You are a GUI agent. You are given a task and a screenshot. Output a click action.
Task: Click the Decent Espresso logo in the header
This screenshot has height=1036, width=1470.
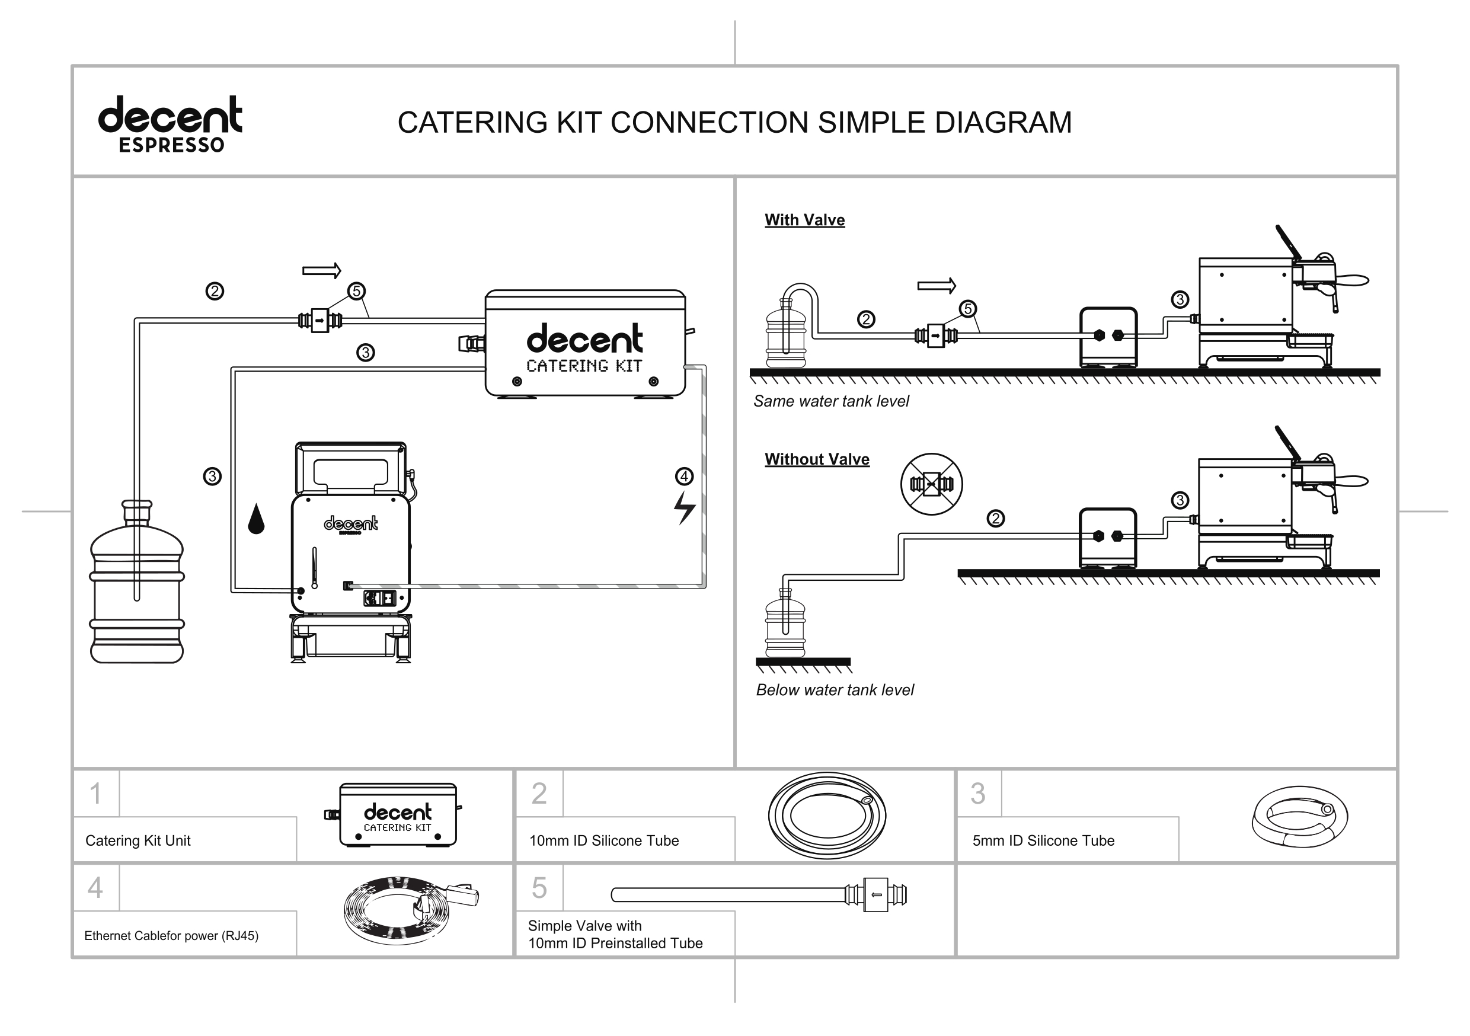pyautogui.click(x=170, y=124)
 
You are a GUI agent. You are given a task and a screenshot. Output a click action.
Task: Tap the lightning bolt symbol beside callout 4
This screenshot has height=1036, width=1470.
pyautogui.click(x=684, y=509)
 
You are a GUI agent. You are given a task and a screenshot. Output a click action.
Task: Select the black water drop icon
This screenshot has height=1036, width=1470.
pyautogui.click(x=256, y=519)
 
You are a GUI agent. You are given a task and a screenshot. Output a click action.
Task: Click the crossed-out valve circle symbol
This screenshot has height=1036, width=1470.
pyautogui.click(x=931, y=484)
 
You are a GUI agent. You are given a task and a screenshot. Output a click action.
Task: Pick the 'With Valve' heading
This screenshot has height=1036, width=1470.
pyautogui.click(x=804, y=220)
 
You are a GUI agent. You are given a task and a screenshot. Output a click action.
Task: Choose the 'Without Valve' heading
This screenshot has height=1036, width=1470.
pyautogui.click(x=816, y=459)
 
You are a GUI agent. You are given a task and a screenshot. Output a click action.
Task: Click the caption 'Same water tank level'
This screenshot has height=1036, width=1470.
pyautogui.click(x=830, y=401)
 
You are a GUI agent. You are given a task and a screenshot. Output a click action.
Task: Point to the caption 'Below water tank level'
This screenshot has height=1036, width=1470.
pyautogui.click(x=834, y=690)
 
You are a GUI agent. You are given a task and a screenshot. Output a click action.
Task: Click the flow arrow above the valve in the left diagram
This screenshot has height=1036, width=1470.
pyautogui.click(x=321, y=271)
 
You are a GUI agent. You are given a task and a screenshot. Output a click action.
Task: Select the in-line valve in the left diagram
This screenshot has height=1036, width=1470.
pyautogui.click(x=319, y=320)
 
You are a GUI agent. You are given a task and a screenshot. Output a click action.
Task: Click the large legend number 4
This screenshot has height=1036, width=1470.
pyautogui.click(x=95, y=888)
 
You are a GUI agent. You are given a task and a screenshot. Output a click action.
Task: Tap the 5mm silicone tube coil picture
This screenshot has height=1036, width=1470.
pyautogui.click(x=1299, y=817)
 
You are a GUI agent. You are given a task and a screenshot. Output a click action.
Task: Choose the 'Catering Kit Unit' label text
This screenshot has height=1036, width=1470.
pyautogui.click(x=138, y=840)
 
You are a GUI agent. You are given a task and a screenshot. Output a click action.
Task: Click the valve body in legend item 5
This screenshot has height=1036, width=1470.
pyautogui.click(x=877, y=894)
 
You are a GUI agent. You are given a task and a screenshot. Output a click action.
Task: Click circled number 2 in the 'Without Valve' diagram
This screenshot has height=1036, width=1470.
pyautogui.click(x=995, y=518)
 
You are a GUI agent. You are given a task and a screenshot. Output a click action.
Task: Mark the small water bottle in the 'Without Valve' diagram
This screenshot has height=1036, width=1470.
pyautogui.click(x=785, y=624)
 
